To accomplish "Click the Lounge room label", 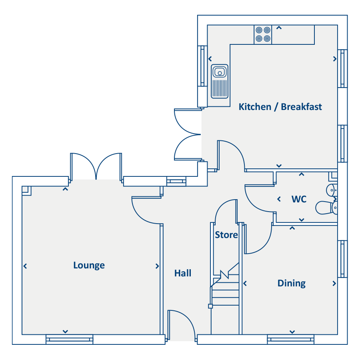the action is coord(89,266).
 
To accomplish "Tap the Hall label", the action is coord(183,273).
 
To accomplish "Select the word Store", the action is coord(226,235).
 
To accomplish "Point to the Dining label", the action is coord(292,283).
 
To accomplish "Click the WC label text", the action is coord(299,199).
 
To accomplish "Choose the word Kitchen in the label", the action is coord(255,107).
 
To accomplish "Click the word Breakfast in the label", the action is coord(301,107).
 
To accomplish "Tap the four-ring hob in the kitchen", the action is coord(263,34).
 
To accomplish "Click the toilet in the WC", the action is coord(326,208).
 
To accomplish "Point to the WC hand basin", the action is coord(332,190).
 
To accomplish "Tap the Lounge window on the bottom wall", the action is coord(69,339).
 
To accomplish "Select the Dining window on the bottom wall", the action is coord(291,339).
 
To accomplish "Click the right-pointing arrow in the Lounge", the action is coord(157,266).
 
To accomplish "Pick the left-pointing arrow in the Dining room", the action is coord(245,284).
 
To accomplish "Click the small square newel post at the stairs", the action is coord(210,306).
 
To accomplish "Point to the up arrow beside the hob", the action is coord(279,28).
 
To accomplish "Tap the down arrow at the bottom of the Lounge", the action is coord(65,332).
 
